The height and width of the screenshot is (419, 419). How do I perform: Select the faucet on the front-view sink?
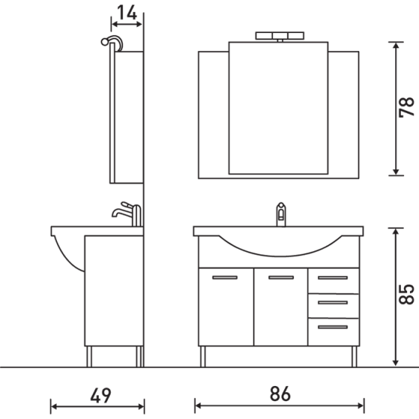(x=281, y=212)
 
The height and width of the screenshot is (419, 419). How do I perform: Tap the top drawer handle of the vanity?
(x=333, y=278)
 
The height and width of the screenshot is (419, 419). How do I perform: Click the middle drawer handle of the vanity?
(x=333, y=302)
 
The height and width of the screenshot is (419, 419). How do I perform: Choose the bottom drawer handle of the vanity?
(x=333, y=325)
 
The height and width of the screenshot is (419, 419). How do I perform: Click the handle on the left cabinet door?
(x=225, y=278)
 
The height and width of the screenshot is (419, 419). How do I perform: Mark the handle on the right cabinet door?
(x=281, y=278)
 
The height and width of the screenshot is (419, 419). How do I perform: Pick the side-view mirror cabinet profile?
(x=126, y=116)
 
